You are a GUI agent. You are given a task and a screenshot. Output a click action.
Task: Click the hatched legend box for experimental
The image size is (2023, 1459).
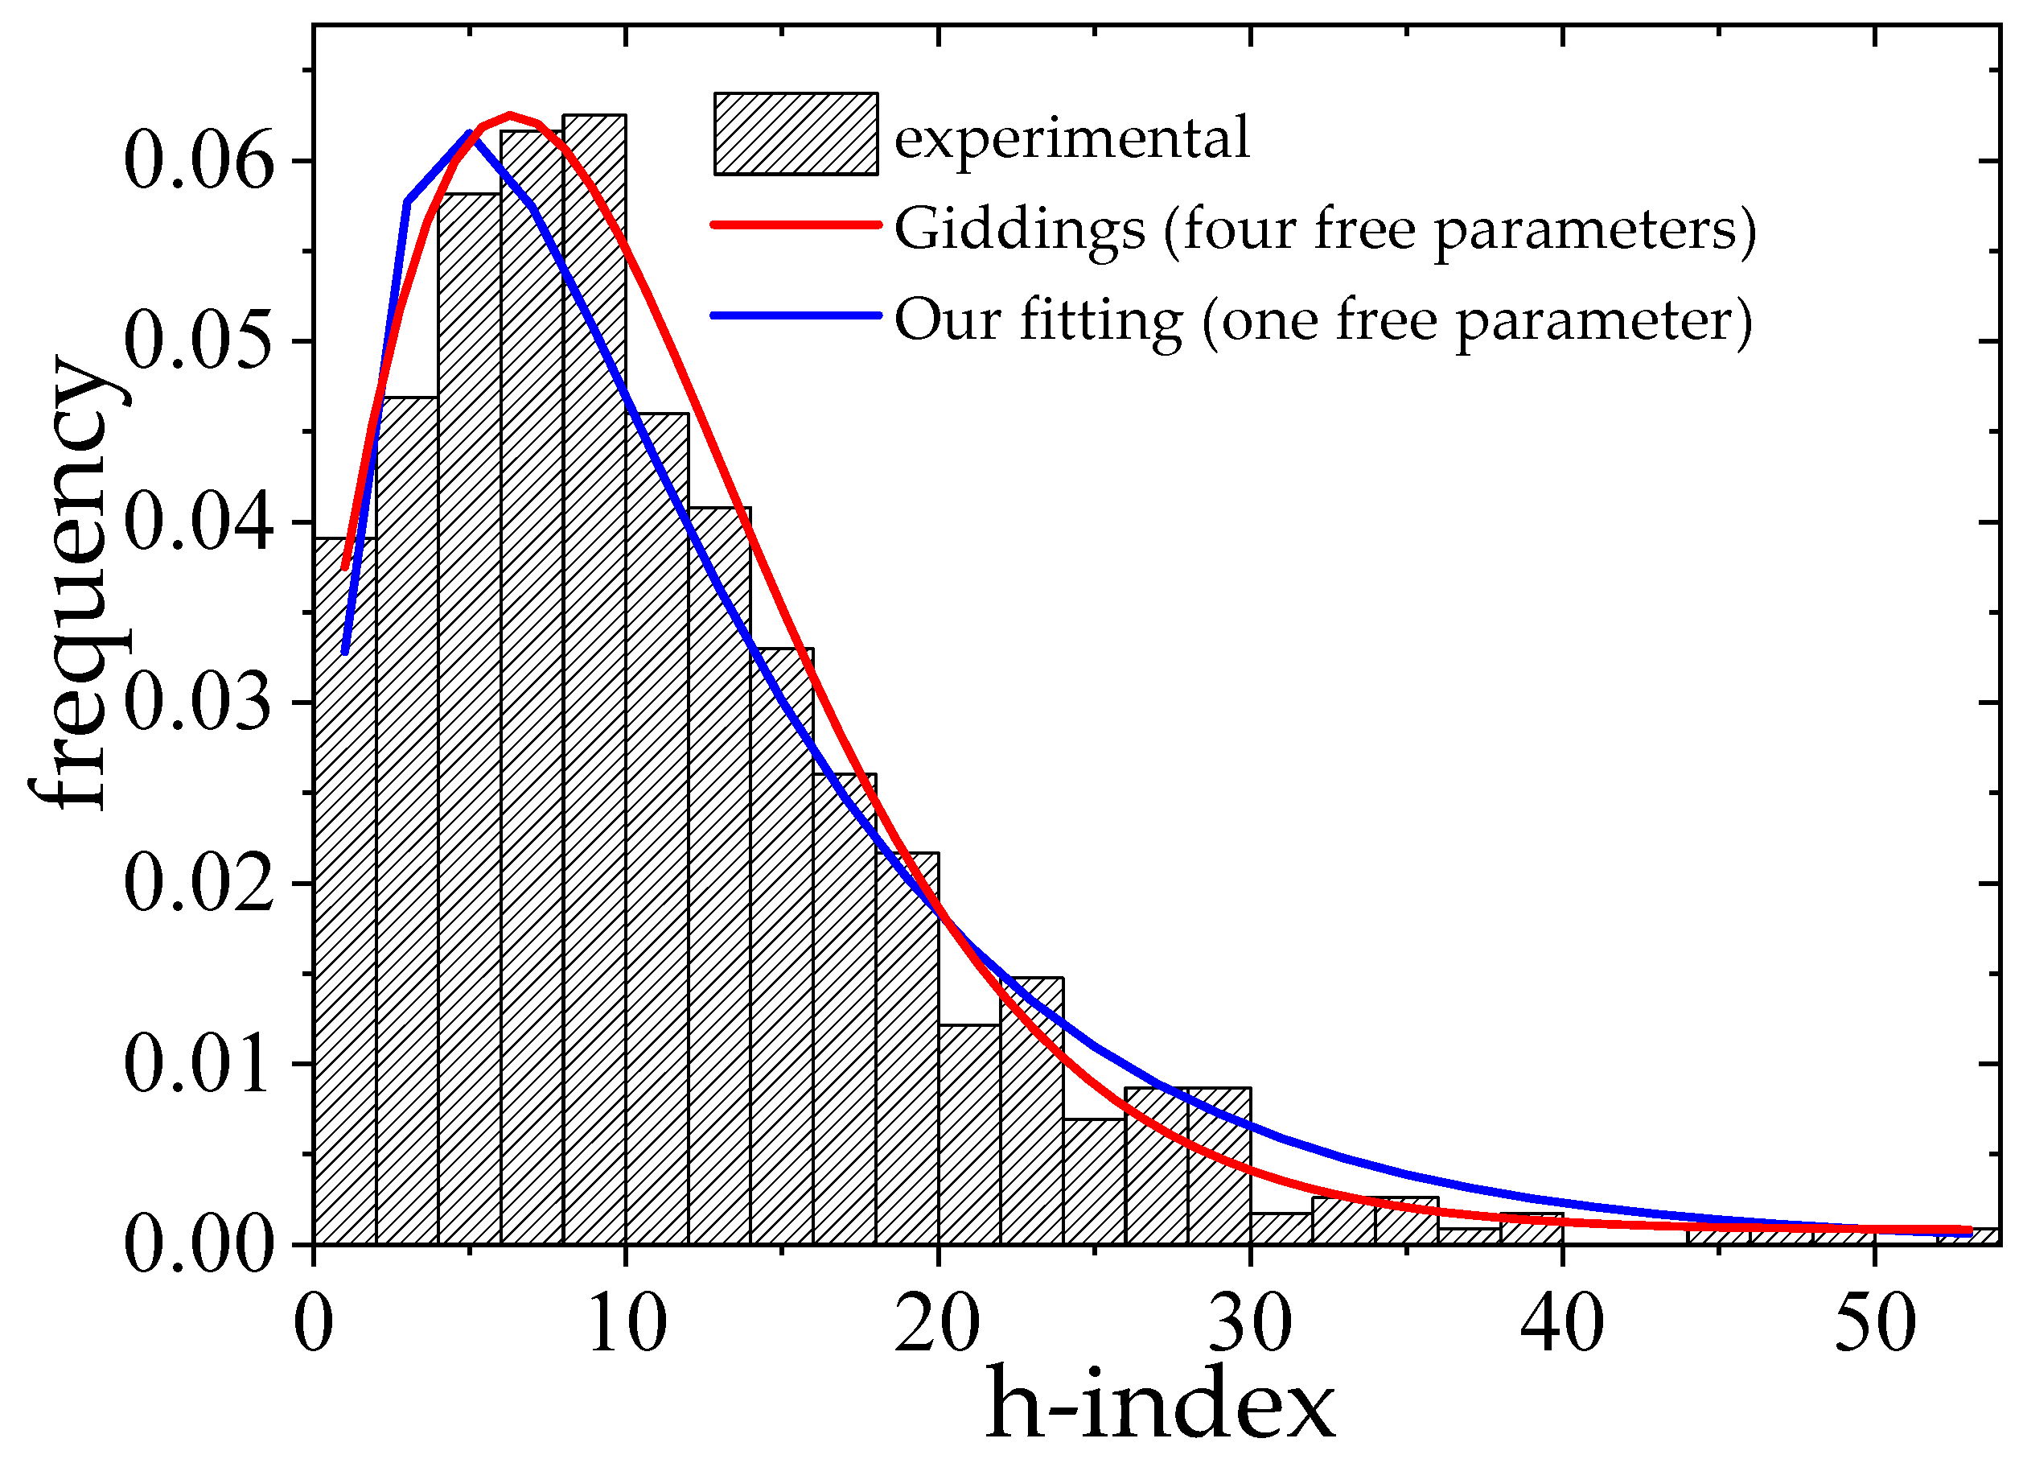(x=796, y=134)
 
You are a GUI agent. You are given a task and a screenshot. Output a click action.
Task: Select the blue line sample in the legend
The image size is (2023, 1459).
(x=796, y=315)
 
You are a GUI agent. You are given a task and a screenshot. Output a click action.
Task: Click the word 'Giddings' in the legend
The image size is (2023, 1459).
(x=1019, y=230)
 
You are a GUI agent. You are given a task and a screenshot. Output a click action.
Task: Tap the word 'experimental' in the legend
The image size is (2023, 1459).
(x=1072, y=139)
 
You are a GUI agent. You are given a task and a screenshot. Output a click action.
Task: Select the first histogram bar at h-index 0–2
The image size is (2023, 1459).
(x=344, y=892)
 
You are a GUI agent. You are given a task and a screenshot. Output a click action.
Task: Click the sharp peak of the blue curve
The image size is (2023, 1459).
(x=469, y=133)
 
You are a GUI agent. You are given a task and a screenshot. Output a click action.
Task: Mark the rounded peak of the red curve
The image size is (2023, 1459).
(x=509, y=115)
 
